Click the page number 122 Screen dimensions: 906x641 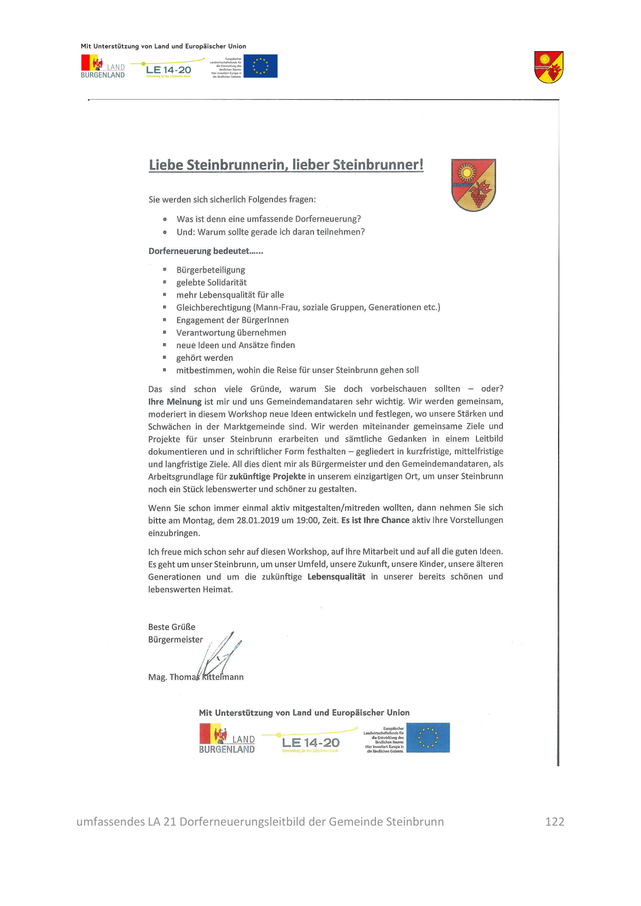pos(554,822)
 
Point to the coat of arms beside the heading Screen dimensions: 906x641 pos(473,185)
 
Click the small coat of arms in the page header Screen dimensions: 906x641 pos(549,67)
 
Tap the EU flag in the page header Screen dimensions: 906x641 pos(260,66)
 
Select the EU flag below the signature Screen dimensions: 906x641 pos(428,738)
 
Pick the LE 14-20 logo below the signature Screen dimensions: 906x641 pos(310,742)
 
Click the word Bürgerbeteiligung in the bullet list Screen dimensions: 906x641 pos(210,270)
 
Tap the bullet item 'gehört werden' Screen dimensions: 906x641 pos(205,358)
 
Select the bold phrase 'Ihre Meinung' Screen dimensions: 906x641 pos(175,402)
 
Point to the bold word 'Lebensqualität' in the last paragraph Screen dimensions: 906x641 pos(336,577)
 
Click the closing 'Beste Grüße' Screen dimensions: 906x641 pos(172,627)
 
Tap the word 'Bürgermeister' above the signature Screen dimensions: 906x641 pos(175,640)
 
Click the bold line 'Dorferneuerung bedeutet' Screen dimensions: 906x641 pos(205,251)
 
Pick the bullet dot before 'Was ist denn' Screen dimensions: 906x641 pos(165,219)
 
